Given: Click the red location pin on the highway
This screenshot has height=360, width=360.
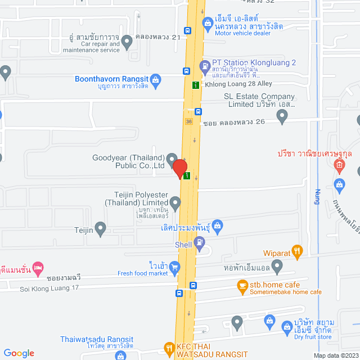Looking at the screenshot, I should point(179,168).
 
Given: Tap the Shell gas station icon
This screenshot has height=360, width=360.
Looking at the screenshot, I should point(199,242).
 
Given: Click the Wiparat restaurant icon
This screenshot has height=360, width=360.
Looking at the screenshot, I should point(298,251).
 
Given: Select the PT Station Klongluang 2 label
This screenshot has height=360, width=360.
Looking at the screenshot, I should point(254,62).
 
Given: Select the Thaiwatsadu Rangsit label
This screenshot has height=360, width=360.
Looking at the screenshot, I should point(97,339).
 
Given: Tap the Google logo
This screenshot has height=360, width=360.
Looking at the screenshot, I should point(18,353).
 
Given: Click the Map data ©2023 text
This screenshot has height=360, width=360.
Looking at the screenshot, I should point(335,355).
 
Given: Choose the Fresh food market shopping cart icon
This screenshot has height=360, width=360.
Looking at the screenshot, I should point(175,267).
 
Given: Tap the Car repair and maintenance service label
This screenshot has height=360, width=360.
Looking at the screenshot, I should point(100,47).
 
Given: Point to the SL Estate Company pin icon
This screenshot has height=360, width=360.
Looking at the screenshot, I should point(283,116).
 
